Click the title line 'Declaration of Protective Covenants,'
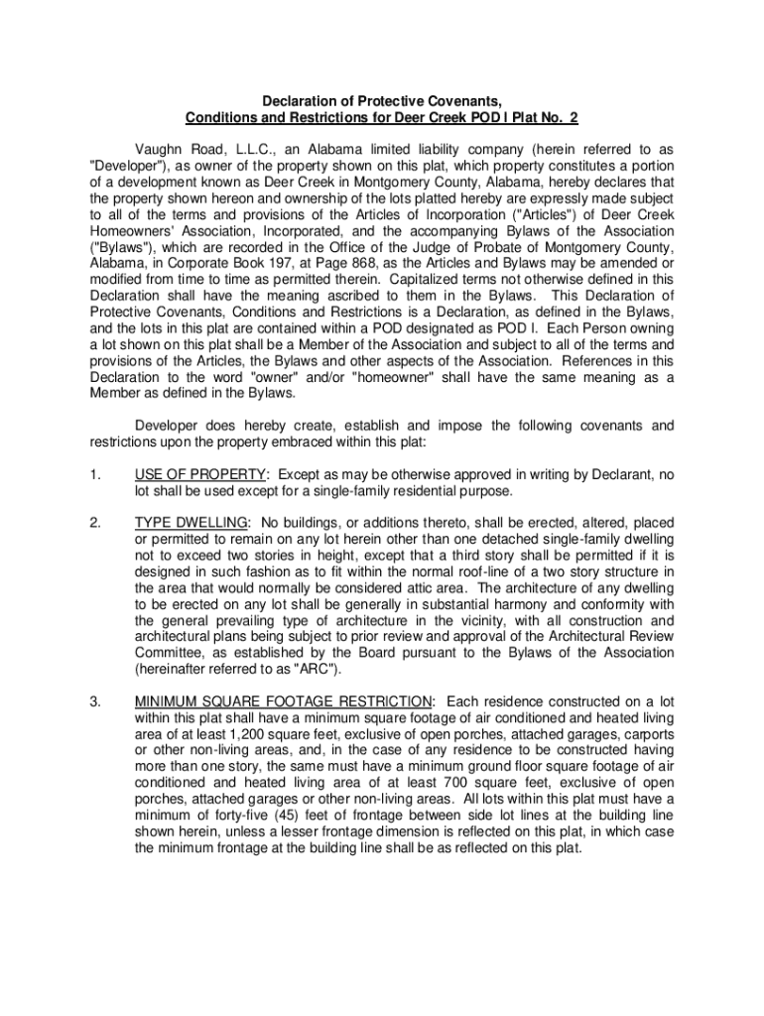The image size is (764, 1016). pos(381,101)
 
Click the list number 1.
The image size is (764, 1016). pos(93,473)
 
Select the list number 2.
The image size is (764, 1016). pos(93,521)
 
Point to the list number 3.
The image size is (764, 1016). pos(93,702)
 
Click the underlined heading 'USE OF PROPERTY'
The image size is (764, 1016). pos(199,473)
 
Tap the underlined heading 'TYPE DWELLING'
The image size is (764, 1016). pos(191,521)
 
